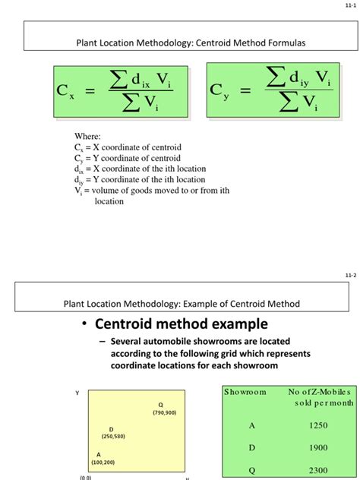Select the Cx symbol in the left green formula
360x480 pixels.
(65, 91)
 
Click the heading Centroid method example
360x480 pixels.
(181, 325)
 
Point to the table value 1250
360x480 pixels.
(318, 426)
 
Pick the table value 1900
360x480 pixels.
(318, 448)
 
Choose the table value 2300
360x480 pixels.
(318, 470)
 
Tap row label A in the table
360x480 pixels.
(252, 426)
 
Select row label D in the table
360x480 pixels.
(252, 448)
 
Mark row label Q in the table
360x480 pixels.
(252, 470)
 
